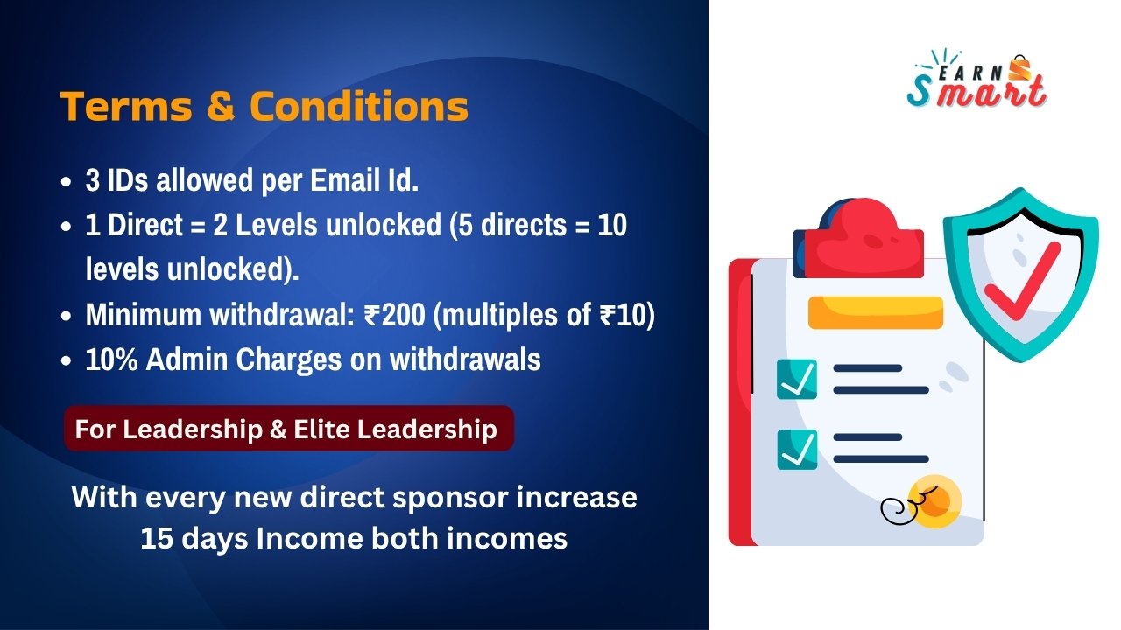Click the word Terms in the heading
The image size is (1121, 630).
point(126,106)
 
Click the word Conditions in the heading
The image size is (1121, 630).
point(359,106)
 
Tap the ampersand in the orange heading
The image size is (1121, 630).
point(221,106)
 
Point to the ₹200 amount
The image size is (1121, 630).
point(395,315)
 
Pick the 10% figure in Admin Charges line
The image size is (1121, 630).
point(111,360)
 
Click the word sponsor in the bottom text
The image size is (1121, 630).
point(450,499)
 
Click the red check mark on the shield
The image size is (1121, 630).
point(1022,281)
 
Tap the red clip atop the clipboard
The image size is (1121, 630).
point(859,238)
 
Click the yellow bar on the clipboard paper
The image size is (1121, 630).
point(876,312)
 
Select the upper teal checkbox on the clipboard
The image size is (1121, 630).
point(797,380)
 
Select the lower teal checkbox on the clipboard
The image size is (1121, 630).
point(797,450)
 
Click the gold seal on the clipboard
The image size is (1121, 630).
point(934,501)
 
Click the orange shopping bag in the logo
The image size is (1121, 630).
point(1019,68)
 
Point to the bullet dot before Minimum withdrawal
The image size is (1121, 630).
point(66,317)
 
